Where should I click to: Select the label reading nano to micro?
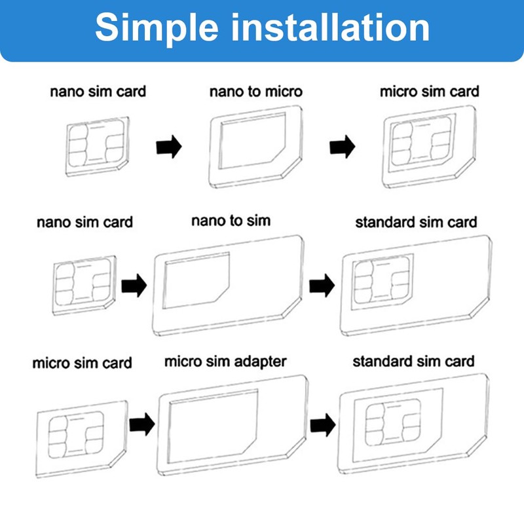coord(256,91)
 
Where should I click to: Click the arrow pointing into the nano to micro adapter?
coord(168,147)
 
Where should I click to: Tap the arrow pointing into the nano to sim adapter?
coord(134,286)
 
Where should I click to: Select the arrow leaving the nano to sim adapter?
coord(322,286)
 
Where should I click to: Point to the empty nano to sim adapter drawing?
coord(227,285)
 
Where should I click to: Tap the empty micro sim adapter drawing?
coord(233,422)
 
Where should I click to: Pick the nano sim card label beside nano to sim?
coord(84,222)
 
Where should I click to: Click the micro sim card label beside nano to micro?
coord(429,91)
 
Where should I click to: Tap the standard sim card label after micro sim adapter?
coord(413,361)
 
